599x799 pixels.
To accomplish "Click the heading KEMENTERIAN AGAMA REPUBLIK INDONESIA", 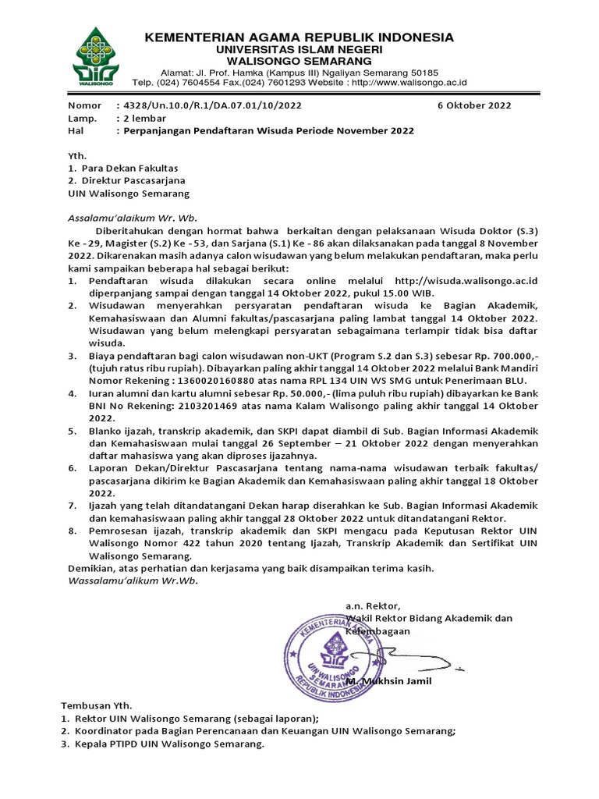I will pos(299,37).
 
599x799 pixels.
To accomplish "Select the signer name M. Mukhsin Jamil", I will pos(388,681).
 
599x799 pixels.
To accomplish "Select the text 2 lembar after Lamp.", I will pos(141,118).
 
